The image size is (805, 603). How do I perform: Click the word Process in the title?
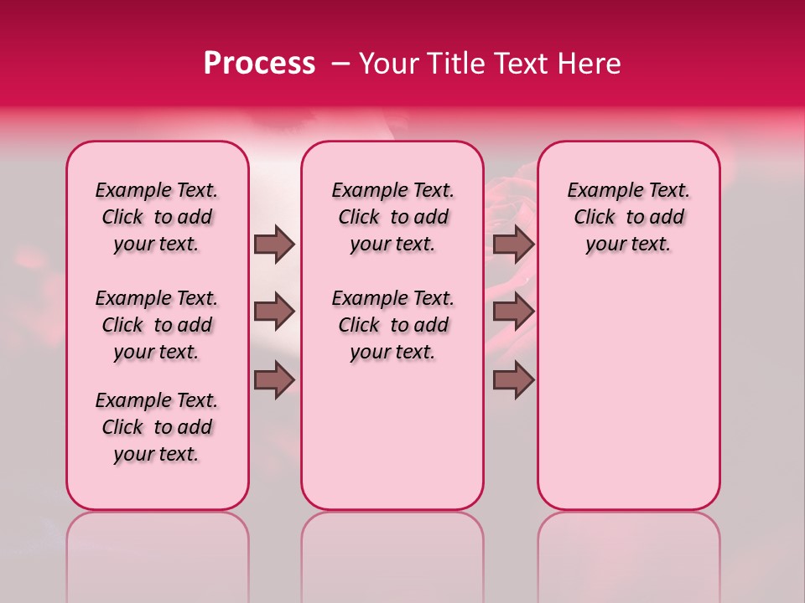click(x=259, y=64)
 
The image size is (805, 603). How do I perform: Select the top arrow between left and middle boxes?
click(x=274, y=244)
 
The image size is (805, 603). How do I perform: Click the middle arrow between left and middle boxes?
click(x=274, y=312)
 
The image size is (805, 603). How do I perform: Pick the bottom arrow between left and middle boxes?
click(x=274, y=379)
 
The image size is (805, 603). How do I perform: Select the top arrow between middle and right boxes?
click(x=513, y=244)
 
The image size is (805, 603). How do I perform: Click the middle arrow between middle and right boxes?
click(x=513, y=312)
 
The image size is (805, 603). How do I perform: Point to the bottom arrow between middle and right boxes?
click(x=513, y=379)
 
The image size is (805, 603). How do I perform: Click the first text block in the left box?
click(x=157, y=217)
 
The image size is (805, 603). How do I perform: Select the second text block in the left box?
click(x=157, y=325)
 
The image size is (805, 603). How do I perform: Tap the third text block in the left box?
click(x=157, y=427)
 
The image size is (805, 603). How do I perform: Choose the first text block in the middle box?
click(x=392, y=217)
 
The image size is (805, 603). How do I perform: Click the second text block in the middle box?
click(x=392, y=325)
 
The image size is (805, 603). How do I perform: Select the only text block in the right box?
click(x=628, y=217)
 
